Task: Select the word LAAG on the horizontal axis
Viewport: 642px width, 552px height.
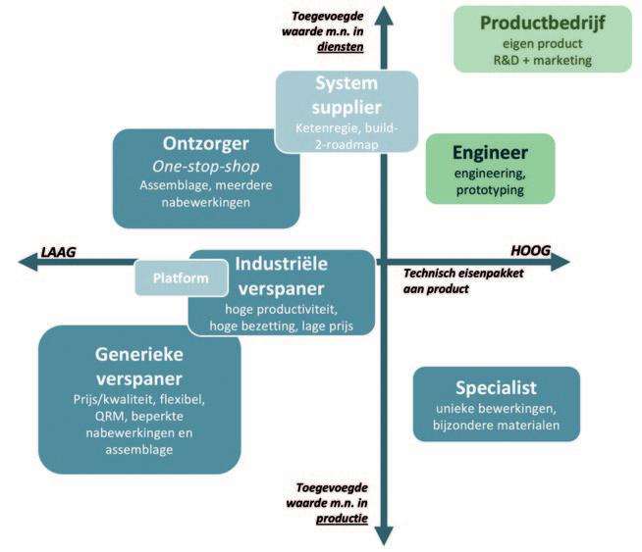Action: pos(58,251)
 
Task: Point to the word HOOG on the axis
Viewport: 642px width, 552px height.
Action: pos(531,250)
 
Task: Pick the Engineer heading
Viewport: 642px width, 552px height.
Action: pos(490,152)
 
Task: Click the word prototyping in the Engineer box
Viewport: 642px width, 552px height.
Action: pos(490,189)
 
